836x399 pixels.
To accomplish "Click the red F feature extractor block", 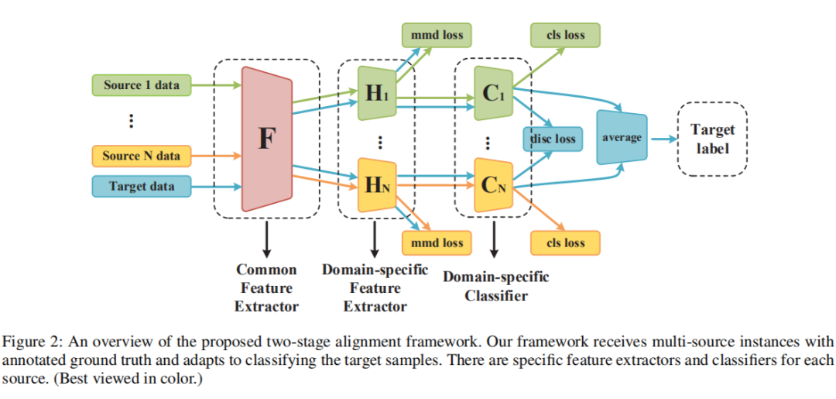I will tap(266, 139).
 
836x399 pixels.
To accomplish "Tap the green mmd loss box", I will tap(437, 35).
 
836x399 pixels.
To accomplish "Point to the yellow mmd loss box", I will tap(437, 243).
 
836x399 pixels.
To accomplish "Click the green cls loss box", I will tap(565, 35).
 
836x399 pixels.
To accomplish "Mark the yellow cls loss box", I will tap(565, 243).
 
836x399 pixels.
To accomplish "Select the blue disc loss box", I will tap(553, 139).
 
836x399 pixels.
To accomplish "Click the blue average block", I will tap(622, 138).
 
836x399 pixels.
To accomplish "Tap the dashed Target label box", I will tap(712, 139).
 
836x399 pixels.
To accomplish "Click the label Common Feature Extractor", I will tap(266, 288).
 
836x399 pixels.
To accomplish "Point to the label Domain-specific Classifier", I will tap(495, 286).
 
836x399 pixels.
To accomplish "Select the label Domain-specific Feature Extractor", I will tap(375, 288).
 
